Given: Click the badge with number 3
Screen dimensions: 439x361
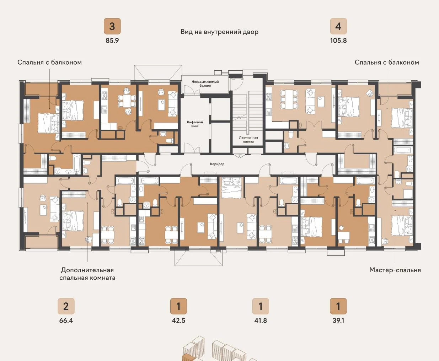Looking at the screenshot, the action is click(112, 26).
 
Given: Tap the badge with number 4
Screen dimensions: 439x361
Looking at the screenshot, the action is click(338, 26).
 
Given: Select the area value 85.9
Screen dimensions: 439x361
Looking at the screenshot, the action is click(112, 41).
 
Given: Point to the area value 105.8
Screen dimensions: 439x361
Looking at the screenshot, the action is click(338, 41).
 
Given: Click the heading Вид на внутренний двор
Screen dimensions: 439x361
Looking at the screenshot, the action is click(219, 32).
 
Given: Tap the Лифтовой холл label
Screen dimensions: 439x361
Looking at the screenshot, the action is click(195, 124).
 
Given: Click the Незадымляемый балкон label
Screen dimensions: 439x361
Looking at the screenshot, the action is click(205, 83).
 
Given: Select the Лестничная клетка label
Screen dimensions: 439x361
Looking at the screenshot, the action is click(248, 140).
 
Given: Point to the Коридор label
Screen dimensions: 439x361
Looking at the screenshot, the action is click(217, 164).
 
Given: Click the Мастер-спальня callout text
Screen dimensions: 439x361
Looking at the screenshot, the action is click(395, 270).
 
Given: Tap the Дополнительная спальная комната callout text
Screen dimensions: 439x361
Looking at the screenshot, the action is click(87, 274).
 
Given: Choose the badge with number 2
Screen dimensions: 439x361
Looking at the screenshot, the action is click(66, 306).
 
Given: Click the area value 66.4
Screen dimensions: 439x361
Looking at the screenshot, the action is click(66, 320).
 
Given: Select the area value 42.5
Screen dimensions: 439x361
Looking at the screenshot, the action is click(178, 320).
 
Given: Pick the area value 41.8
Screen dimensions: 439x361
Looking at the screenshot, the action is click(261, 320).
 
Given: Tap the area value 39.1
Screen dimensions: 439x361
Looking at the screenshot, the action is click(338, 320).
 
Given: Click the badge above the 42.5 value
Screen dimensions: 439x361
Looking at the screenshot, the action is click(178, 306).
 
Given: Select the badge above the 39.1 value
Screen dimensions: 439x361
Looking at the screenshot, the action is click(338, 306).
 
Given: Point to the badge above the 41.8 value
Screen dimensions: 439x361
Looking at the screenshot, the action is click(261, 306).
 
